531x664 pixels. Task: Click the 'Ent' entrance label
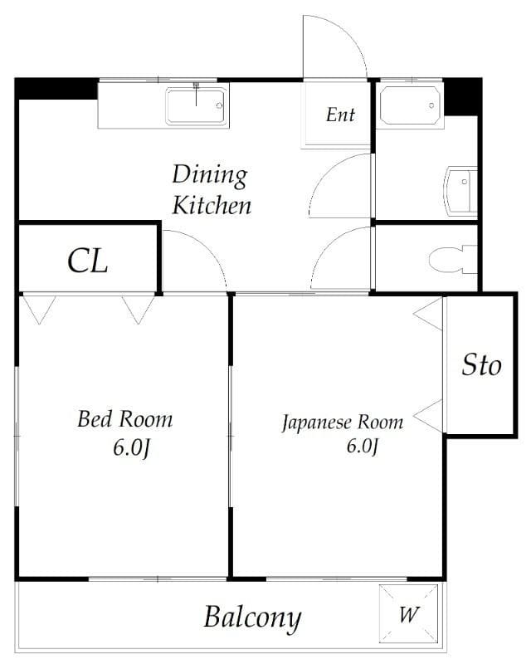click(x=340, y=115)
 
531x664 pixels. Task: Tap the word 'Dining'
click(x=210, y=174)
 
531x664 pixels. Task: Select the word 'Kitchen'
click(x=212, y=205)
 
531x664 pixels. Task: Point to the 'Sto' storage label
click(x=481, y=364)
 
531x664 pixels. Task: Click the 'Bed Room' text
click(x=125, y=419)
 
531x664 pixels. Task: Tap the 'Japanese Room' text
click(x=343, y=422)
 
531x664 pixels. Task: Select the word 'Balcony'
click(x=252, y=618)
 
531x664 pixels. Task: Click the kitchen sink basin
click(x=196, y=106)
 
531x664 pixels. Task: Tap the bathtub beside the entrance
click(x=410, y=106)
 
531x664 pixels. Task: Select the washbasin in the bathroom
click(x=460, y=189)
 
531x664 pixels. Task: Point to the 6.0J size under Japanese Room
click(x=362, y=446)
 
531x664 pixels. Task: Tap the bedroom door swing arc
click(x=207, y=246)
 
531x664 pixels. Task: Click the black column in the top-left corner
click(x=56, y=89)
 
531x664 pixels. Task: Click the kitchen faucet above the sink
click(x=196, y=93)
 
